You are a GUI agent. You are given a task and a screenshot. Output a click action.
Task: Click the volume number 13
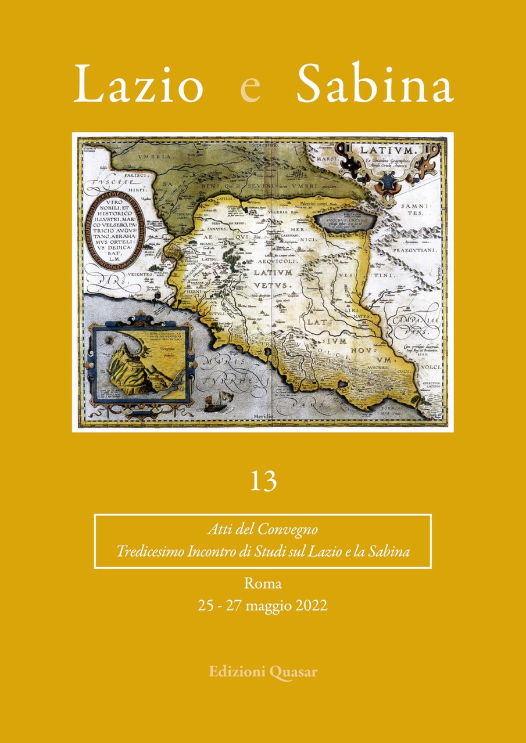[263, 482]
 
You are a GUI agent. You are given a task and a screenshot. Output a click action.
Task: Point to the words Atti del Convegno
[263, 530]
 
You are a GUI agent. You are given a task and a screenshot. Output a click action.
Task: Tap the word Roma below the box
[263, 583]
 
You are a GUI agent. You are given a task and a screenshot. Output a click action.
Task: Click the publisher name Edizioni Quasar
[263, 672]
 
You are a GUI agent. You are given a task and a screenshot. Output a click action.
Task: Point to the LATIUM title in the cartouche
[381, 152]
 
